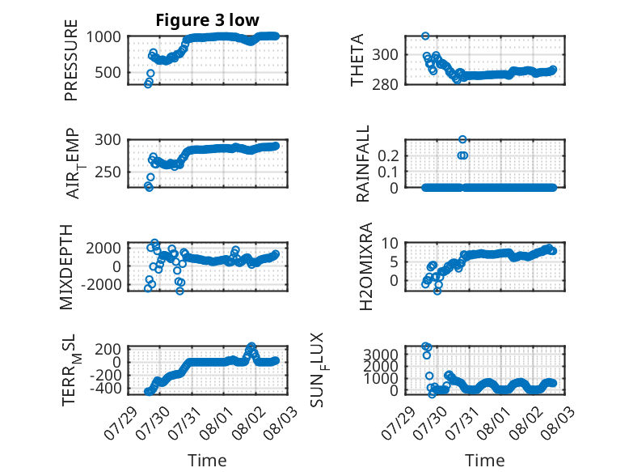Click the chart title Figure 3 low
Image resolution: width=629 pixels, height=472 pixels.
(x=208, y=20)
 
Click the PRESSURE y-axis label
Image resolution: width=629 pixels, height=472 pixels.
(x=70, y=60)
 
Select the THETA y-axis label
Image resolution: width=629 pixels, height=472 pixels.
(x=357, y=60)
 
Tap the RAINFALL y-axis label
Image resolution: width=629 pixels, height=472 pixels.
(x=362, y=164)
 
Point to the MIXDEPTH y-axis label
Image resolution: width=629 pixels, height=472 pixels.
(x=66, y=267)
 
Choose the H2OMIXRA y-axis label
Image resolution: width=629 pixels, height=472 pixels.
(x=366, y=266)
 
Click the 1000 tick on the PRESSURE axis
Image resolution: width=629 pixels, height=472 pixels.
(x=103, y=37)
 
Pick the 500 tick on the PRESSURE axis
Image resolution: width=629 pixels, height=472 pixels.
(x=108, y=73)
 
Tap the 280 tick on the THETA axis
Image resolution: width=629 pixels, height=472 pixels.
(x=385, y=85)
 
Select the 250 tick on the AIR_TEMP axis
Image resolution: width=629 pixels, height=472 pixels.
(x=108, y=172)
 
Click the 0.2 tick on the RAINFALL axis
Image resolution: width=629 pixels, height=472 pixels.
(x=388, y=155)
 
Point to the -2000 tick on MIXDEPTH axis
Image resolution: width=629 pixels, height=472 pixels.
(x=101, y=284)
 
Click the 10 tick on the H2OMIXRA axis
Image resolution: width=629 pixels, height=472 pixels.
(x=390, y=243)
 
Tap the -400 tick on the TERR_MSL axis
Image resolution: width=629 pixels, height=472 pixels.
(x=105, y=389)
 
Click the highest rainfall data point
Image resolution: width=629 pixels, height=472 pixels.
(x=462, y=139)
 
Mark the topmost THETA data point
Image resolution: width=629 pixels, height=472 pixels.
(x=425, y=36)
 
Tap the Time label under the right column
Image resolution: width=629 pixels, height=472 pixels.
(x=484, y=461)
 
